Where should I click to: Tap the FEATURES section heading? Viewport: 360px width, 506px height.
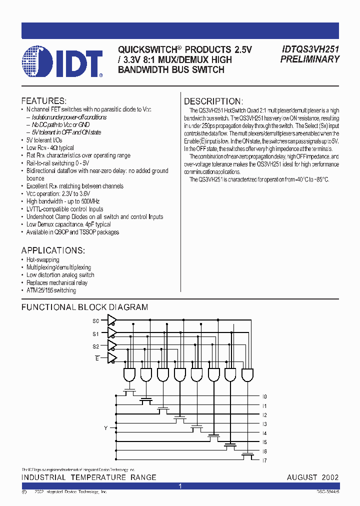point(43,100)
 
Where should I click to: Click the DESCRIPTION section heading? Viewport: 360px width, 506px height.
point(213,101)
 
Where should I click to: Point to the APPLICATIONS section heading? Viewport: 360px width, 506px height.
point(53,250)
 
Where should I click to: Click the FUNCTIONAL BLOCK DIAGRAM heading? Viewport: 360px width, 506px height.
point(84,307)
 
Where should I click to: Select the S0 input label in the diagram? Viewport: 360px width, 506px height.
point(95,320)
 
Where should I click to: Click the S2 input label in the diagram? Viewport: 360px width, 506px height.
point(95,346)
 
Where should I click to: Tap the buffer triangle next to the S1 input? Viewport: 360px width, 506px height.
point(112,333)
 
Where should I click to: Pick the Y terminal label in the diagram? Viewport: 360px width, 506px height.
point(105,428)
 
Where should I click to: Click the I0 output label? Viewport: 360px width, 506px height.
point(264,396)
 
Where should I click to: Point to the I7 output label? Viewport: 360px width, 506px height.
point(264,460)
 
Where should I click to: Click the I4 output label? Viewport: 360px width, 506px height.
point(264,433)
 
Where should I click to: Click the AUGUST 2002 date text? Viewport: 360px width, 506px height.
point(312,477)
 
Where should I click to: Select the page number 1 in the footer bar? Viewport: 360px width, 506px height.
point(180,486)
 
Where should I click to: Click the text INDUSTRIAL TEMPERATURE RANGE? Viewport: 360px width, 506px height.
point(88,477)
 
